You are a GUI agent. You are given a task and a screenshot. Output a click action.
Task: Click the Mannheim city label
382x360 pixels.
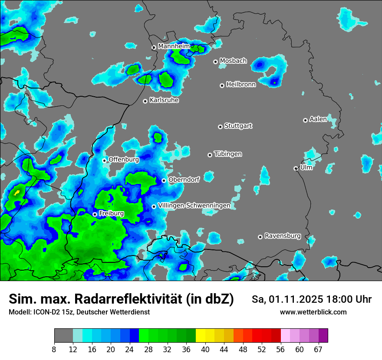[x=174, y=46]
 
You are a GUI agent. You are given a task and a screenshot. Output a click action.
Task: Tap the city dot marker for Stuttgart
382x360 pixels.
[x=220, y=127]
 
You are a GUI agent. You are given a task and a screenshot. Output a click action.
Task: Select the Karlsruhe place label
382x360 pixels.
[x=164, y=100]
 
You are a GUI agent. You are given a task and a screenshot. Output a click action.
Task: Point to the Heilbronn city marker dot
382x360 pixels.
[x=222, y=85]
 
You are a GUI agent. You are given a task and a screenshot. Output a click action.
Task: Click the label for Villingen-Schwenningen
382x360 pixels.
[x=194, y=206]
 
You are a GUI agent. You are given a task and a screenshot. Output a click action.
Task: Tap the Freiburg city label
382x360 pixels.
[x=111, y=213]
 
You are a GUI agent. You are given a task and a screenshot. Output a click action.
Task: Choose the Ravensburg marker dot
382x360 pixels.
[x=260, y=237]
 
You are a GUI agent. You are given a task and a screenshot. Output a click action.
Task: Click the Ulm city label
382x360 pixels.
[x=306, y=167]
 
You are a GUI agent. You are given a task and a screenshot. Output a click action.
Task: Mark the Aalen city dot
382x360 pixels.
[x=305, y=120]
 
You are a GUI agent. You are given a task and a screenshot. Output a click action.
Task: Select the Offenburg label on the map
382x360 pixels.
[x=124, y=160]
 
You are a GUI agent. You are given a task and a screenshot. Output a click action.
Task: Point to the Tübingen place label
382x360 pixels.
[x=228, y=154]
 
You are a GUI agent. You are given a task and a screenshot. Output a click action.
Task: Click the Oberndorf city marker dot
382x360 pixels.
[x=164, y=180]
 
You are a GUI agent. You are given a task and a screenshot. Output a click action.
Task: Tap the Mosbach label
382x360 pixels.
[x=233, y=61]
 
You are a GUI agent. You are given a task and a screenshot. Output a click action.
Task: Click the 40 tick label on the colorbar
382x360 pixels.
[x=205, y=350]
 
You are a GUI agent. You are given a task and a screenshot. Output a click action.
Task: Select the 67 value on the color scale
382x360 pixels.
[x=318, y=350]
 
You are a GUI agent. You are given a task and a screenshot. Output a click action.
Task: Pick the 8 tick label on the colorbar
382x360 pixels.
[x=54, y=350]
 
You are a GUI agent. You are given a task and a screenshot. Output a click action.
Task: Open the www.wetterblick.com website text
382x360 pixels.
[x=313, y=312]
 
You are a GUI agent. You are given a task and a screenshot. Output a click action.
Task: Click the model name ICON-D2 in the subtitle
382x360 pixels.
[x=43, y=312]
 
